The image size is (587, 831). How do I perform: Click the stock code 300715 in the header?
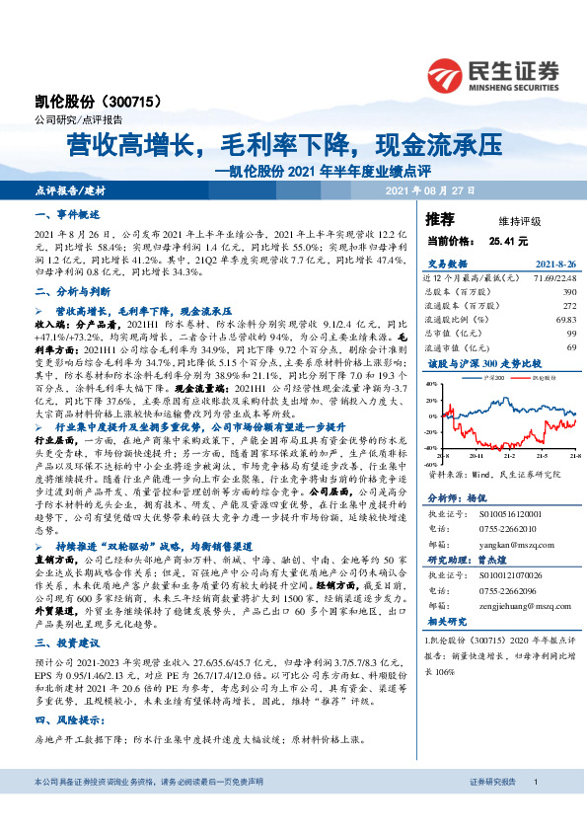[x=138, y=102]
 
